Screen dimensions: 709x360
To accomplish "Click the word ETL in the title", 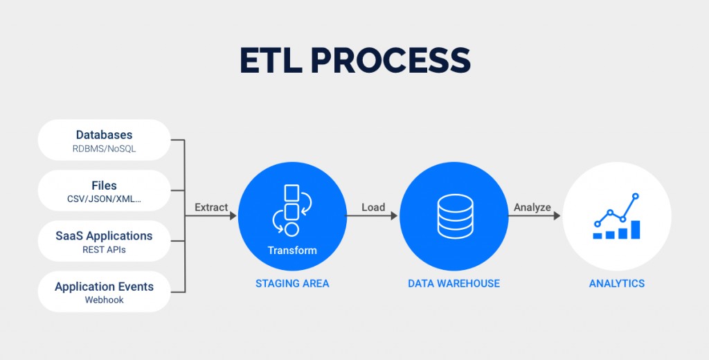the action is click(271, 60).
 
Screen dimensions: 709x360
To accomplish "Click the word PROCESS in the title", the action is click(391, 60).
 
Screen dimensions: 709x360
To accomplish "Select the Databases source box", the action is click(105, 141).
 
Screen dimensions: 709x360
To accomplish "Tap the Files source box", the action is click(105, 191).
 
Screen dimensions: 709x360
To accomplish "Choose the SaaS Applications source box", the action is click(105, 241).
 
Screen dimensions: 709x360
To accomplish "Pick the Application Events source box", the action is click(105, 291).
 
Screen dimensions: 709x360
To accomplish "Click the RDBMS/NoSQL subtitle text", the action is click(105, 149).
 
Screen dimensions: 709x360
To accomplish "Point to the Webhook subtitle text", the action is click(105, 300).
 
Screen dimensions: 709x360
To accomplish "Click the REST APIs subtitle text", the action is click(105, 250).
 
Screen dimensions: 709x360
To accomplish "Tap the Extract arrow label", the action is click(211, 207).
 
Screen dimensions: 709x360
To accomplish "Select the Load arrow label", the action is click(373, 207).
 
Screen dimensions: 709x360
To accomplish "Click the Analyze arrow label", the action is click(532, 208).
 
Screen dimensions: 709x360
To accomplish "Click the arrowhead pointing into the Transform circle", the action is click(233, 216).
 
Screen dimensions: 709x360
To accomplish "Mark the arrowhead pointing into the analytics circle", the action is click(557, 216).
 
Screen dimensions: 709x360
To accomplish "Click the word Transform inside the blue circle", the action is click(292, 250).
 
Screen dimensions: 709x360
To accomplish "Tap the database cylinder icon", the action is click(456, 216).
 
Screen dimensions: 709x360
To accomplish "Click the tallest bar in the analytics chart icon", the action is click(636, 229).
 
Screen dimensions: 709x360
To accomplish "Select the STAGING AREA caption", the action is click(292, 284).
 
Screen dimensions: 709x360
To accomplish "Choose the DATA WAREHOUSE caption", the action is click(454, 284).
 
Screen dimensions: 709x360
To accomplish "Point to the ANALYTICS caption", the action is click(617, 284).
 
